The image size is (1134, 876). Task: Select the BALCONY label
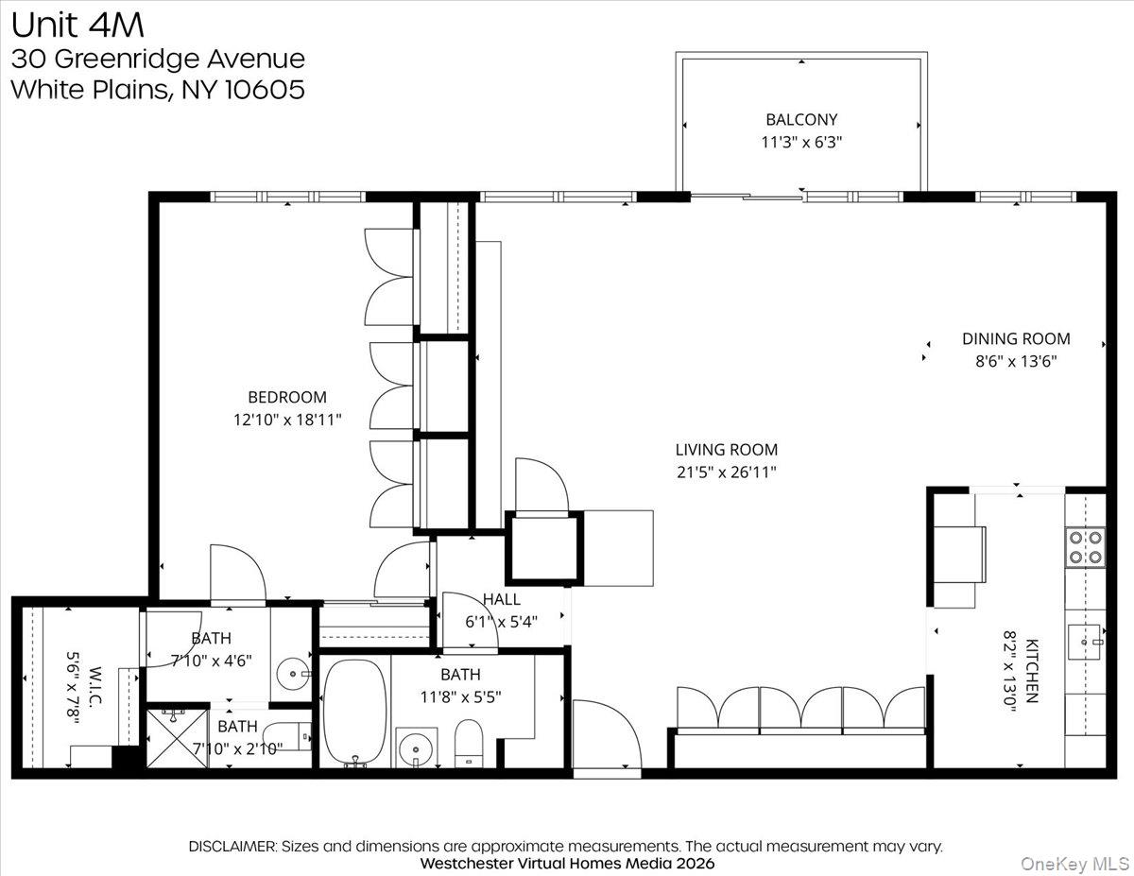801,120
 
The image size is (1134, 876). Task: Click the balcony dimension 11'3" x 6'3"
801,143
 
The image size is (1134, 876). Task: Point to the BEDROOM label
287,398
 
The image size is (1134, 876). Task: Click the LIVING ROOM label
726,450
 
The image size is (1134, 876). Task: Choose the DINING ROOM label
1016,338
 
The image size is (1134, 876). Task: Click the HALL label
501,599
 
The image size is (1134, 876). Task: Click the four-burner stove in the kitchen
1085,547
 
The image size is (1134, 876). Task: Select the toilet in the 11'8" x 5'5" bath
468,743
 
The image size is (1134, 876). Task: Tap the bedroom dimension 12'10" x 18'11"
287,421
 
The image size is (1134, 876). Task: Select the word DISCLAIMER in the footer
232,846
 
